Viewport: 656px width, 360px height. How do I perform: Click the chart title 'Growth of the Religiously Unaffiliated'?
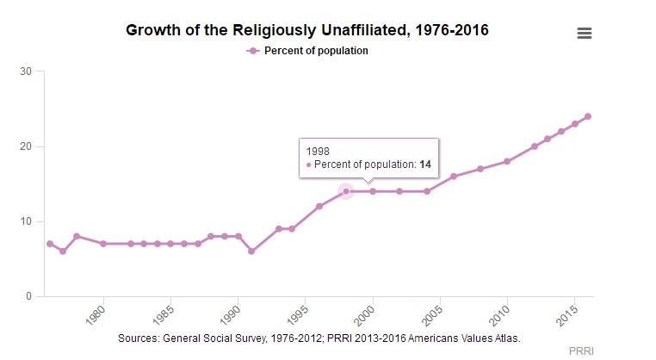pos(306,30)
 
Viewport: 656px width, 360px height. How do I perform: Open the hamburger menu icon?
pos(585,33)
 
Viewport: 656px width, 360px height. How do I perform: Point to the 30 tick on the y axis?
pos(27,71)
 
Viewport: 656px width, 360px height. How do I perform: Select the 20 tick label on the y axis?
pos(27,146)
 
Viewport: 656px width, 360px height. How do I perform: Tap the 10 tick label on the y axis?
pos(27,221)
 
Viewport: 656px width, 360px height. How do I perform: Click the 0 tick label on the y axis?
pos(29,296)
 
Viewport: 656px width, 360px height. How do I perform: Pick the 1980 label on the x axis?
pos(98,312)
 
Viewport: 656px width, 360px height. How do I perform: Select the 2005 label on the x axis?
pos(433,312)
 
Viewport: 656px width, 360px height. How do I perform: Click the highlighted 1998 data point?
pos(346,191)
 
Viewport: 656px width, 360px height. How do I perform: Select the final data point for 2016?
pos(588,116)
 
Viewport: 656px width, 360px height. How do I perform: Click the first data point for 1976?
pos(50,244)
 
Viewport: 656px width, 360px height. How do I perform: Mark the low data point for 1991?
pos(251,251)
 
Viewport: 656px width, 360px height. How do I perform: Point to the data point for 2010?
pos(507,161)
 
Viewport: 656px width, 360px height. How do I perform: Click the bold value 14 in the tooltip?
pos(425,164)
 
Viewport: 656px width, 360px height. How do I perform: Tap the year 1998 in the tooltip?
pos(318,150)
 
